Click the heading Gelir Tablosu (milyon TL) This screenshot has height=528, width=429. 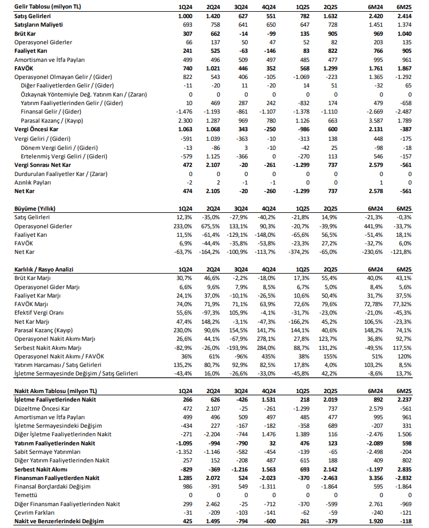[47, 7]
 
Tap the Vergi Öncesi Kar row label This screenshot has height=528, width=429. [36, 129]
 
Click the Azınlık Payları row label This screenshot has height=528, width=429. [33, 182]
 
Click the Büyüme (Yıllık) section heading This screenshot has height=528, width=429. [35, 209]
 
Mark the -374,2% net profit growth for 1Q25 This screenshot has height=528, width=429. [299, 252]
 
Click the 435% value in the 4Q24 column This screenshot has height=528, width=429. [269, 356]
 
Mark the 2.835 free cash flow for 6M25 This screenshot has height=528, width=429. [402, 469]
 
